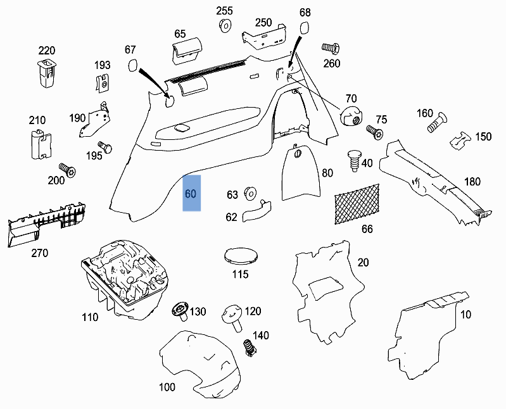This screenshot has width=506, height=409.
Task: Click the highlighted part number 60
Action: [x=191, y=194]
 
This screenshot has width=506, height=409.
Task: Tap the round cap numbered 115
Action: [x=241, y=255]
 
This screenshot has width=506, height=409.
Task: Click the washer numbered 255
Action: [x=224, y=26]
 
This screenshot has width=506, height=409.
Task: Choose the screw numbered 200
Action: [x=67, y=169]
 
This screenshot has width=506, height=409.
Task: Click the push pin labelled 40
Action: [x=353, y=160]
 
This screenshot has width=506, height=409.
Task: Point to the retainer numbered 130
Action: [x=180, y=311]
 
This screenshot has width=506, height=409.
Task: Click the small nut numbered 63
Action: [x=249, y=193]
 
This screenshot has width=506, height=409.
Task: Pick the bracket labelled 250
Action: [x=265, y=38]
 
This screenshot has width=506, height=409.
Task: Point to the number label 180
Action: [x=472, y=182]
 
